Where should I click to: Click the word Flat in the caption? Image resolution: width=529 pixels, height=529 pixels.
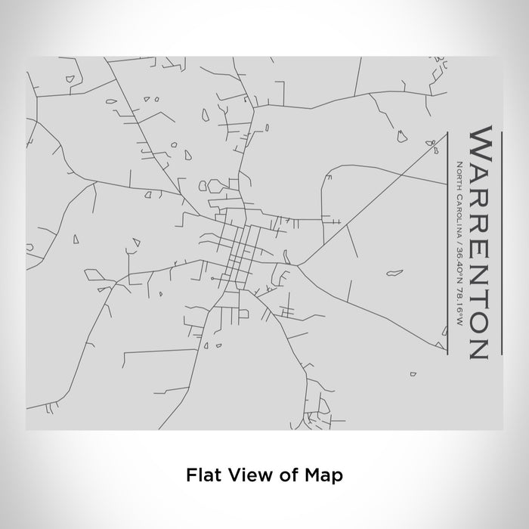[200, 475]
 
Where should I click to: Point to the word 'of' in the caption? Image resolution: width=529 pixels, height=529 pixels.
[288, 475]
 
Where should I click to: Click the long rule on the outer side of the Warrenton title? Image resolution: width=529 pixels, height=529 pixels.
[500, 242]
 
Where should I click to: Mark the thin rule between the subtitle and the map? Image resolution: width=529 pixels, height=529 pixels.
[449, 242]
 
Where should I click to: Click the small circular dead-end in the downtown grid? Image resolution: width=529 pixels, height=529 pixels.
[214, 279]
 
